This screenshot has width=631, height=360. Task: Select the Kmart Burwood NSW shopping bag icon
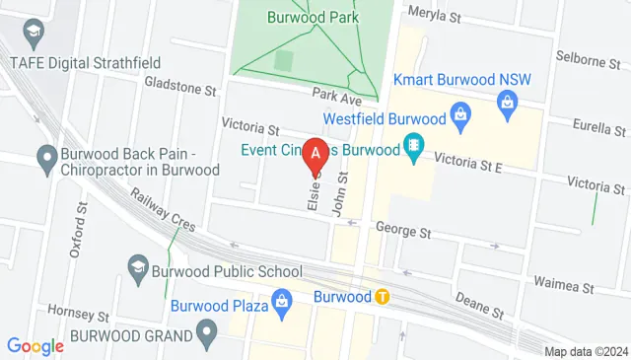click(x=508, y=101)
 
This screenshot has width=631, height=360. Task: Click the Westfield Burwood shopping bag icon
click(x=459, y=115)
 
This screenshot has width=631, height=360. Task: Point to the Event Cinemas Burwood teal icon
click(x=414, y=147)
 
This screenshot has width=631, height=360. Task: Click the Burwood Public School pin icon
click(x=138, y=266)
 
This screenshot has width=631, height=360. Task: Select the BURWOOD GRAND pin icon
click(x=206, y=334)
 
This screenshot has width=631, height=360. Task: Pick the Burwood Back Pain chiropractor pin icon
click(x=45, y=156)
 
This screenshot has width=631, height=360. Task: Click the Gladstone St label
click(x=179, y=89)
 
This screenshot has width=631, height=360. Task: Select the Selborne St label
click(x=587, y=59)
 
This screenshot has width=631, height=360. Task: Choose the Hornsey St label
click(x=79, y=316)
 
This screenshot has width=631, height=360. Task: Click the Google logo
click(x=35, y=345)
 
